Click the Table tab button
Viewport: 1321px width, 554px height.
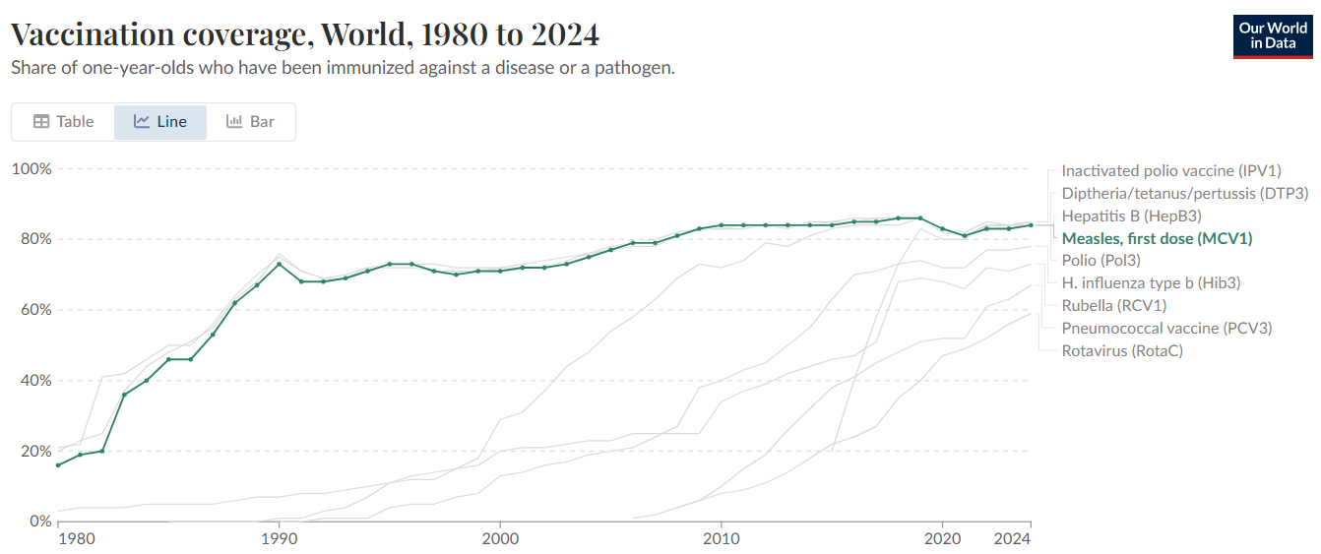click(x=64, y=122)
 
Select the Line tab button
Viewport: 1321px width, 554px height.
click(x=160, y=122)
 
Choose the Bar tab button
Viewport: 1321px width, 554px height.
click(x=250, y=122)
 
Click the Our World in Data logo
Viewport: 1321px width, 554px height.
click(x=1272, y=36)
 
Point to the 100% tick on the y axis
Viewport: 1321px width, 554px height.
click(x=31, y=169)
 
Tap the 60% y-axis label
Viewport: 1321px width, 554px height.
click(x=31, y=310)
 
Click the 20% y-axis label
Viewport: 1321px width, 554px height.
click(x=31, y=452)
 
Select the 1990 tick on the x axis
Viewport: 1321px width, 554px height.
click(x=279, y=539)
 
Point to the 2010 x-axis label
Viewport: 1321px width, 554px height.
click(x=722, y=539)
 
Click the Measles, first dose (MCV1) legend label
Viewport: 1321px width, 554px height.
click(x=1157, y=238)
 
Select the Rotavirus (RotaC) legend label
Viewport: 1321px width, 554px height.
click(x=1122, y=350)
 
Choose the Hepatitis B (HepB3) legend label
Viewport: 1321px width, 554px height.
click(x=1131, y=215)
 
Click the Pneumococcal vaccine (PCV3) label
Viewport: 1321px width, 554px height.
click(x=1166, y=328)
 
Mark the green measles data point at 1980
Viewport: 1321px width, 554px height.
click(x=58, y=464)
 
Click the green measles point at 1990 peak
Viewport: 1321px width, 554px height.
click(x=279, y=264)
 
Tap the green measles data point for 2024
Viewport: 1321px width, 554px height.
click(x=1031, y=224)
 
